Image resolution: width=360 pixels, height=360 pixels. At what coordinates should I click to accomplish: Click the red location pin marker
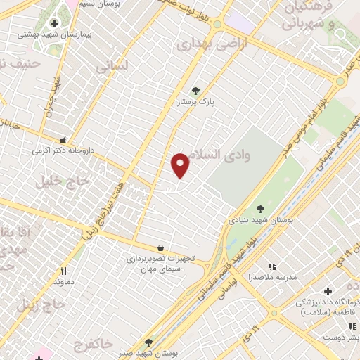click(x=181, y=165)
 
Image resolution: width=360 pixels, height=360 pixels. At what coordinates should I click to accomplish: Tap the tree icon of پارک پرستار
click(x=195, y=90)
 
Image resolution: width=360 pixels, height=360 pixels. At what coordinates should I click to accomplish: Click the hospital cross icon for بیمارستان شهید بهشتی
click(x=54, y=23)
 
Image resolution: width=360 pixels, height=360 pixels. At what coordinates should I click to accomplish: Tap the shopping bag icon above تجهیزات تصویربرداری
click(x=161, y=247)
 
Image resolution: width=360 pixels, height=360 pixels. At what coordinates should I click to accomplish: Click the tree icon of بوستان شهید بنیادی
click(x=260, y=209)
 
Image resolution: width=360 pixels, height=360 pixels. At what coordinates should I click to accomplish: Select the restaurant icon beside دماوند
click(x=63, y=271)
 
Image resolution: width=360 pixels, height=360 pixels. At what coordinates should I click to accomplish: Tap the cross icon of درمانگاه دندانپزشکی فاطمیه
click(x=326, y=291)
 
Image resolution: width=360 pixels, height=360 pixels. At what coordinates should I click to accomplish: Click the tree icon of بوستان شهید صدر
click(x=148, y=342)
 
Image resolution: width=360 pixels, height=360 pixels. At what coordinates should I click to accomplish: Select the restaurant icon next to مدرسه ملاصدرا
click(x=272, y=266)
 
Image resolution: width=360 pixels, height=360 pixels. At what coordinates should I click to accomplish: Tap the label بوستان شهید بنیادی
click(x=259, y=220)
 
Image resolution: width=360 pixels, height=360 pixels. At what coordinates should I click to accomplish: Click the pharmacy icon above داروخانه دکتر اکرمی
click(x=64, y=139)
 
